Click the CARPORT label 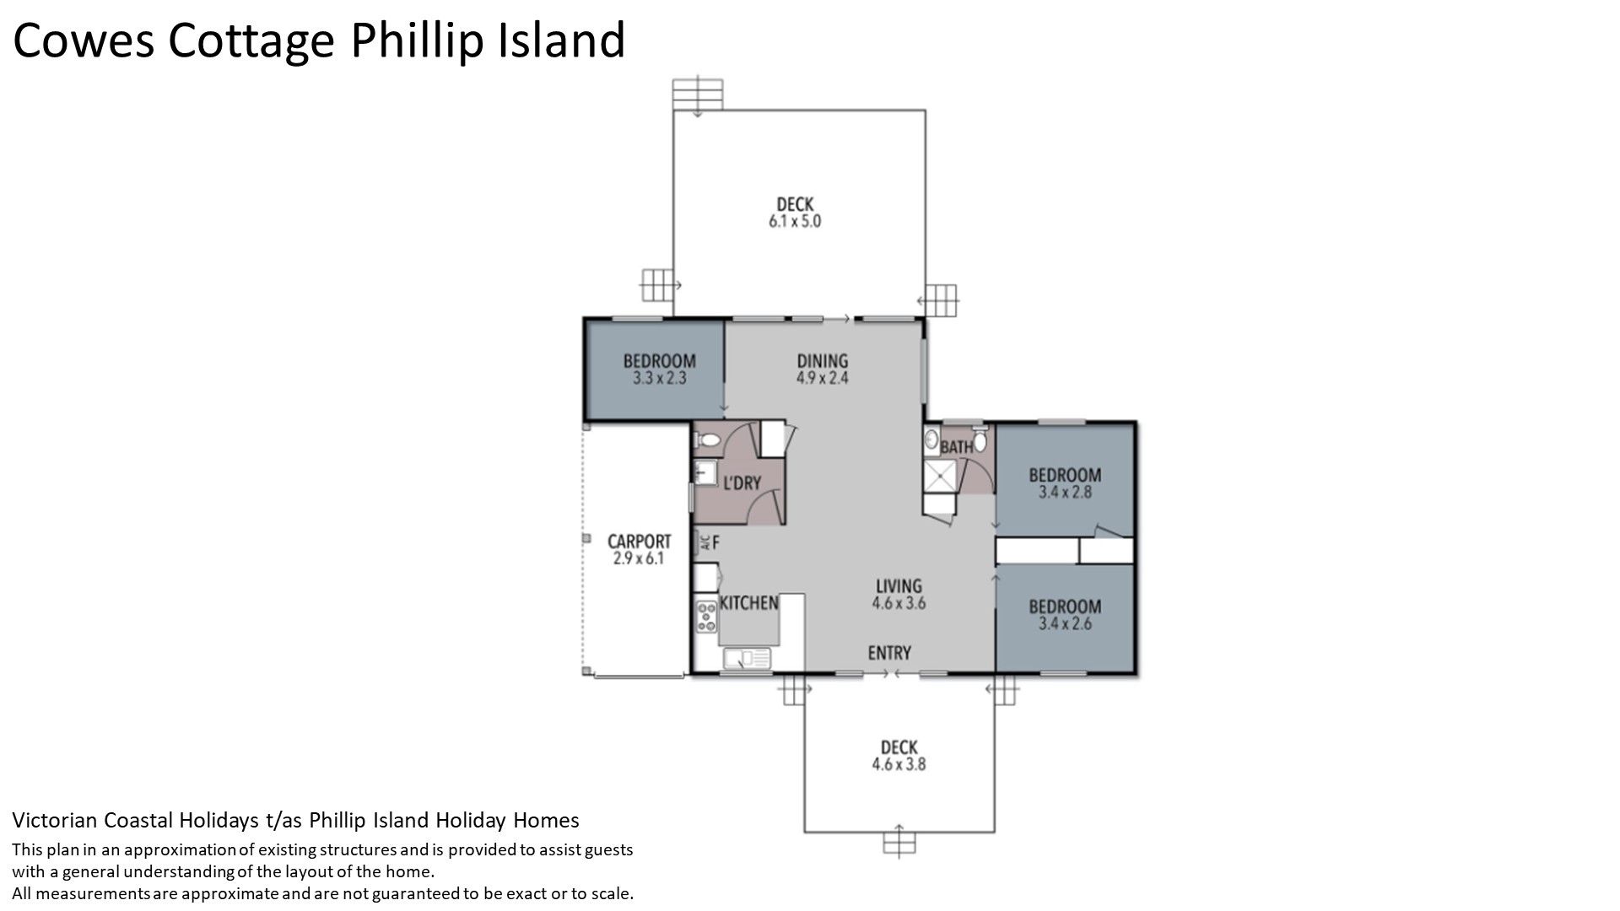(639, 541)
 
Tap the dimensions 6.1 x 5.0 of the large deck (794, 222)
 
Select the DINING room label (822, 361)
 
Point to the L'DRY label (742, 483)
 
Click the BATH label (957, 447)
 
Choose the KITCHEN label (748, 603)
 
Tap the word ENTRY (889, 653)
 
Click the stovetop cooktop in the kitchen (706, 617)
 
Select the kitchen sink (746, 658)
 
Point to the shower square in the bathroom (937, 477)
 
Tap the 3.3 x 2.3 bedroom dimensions (659, 379)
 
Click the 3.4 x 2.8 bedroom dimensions (1065, 492)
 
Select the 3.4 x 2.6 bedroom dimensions (1065, 624)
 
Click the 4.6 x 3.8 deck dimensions (899, 764)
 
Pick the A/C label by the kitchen (704, 542)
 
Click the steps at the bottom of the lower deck (899, 842)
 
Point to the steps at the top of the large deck (698, 94)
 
